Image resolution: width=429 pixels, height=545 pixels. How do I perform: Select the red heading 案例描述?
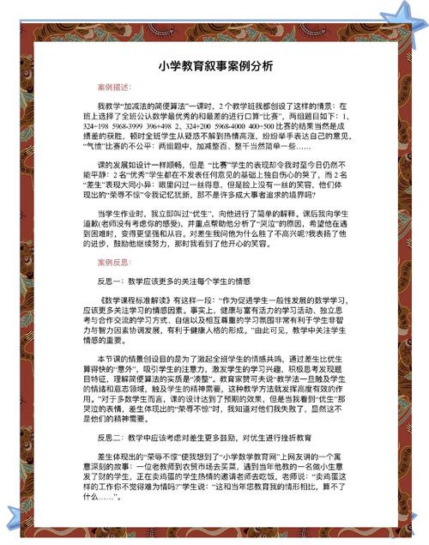click(x=114, y=88)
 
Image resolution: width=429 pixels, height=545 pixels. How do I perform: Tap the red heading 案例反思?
click(x=114, y=261)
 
